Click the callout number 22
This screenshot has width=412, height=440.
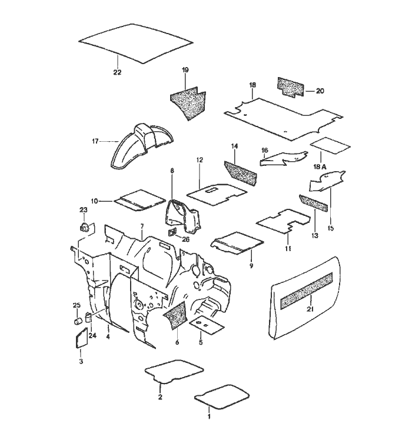click(x=117, y=72)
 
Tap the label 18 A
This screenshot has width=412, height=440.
click(x=320, y=167)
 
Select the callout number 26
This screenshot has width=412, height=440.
click(x=185, y=239)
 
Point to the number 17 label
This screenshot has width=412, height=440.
click(x=95, y=141)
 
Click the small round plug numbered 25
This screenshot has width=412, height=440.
click(x=78, y=321)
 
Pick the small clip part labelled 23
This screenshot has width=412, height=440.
click(x=84, y=226)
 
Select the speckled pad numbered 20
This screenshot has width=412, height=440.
click(x=291, y=87)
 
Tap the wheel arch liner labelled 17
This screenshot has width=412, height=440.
click(x=143, y=146)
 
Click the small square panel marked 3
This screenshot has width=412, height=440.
click(x=82, y=338)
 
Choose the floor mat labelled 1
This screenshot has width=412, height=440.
click(x=221, y=396)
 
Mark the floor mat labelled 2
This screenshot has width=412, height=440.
click(x=174, y=372)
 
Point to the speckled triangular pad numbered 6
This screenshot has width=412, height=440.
click(x=176, y=315)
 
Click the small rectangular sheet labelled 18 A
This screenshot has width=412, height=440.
click(x=330, y=145)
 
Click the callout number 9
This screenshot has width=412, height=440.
click(x=251, y=265)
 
